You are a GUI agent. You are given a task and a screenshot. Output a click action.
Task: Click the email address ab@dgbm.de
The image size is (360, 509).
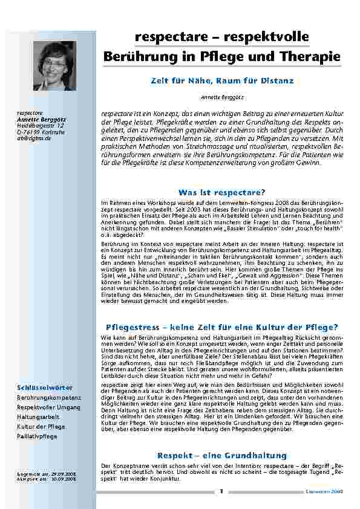point(34,138)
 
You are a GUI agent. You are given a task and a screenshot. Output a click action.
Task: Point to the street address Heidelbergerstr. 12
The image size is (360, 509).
point(40,125)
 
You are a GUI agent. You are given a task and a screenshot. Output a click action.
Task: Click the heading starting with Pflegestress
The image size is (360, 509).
point(221,327)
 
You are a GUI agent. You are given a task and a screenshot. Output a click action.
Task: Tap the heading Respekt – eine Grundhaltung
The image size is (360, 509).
point(221,455)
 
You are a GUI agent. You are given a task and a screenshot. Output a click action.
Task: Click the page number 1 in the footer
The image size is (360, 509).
point(222,491)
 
